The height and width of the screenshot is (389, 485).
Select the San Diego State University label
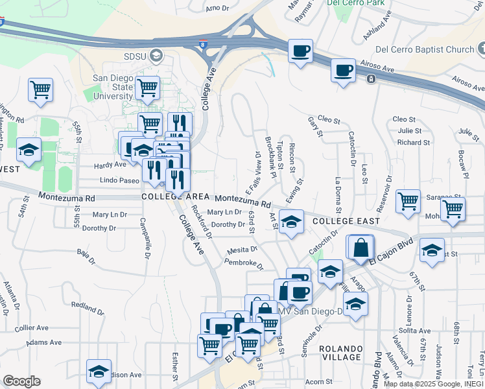[x=113, y=87]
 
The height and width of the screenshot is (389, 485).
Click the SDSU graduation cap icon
[x=156, y=55]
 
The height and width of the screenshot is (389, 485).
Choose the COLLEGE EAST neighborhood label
[x=345, y=221]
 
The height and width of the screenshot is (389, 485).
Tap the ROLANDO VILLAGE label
[x=341, y=353]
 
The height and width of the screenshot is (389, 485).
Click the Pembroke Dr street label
[x=243, y=264]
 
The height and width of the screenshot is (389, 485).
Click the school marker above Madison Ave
[x=99, y=370]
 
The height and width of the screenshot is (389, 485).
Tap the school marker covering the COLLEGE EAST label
[x=292, y=221]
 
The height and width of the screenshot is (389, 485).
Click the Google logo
[x=21, y=381]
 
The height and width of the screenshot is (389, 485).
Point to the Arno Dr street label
[x=217, y=8]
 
